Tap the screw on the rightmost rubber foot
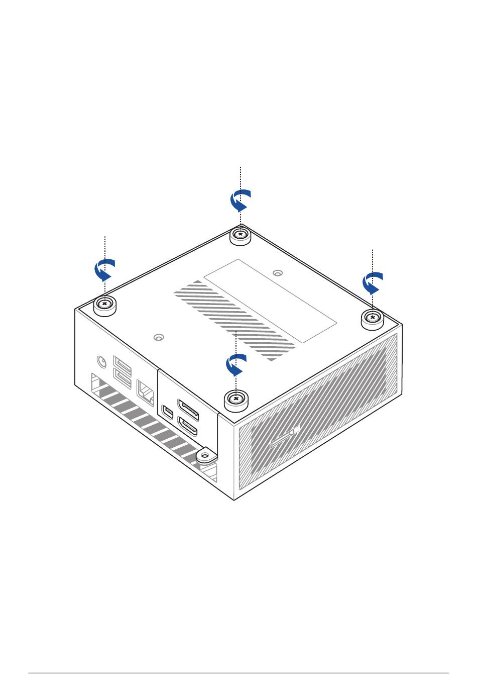(373, 317)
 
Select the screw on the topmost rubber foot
(241, 234)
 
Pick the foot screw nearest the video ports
(235, 398)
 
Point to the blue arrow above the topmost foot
(241, 201)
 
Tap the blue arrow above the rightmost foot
(373, 283)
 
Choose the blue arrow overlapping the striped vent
(235, 364)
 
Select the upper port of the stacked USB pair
(123, 364)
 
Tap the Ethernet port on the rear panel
(145, 391)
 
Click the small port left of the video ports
(168, 411)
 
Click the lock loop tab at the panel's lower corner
(204, 456)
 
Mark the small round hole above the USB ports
(159, 337)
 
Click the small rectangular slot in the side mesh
(285, 437)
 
